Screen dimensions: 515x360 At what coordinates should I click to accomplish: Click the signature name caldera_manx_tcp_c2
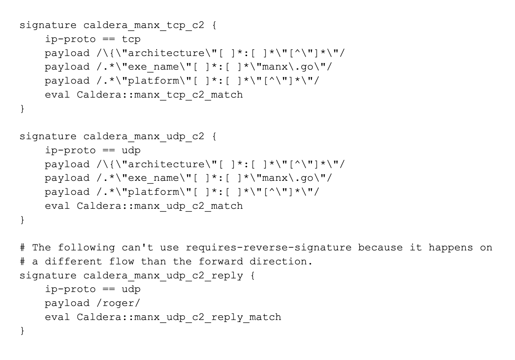(x=144, y=25)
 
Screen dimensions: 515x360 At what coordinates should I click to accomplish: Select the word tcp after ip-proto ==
(x=131, y=39)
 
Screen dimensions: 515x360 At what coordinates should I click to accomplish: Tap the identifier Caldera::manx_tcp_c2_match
(x=160, y=95)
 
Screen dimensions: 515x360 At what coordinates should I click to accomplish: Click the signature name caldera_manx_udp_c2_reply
(x=163, y=276)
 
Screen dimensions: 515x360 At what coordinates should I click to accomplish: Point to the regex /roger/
(x=118, y=304)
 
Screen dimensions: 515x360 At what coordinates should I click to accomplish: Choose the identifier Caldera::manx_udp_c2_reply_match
(x=179, y=318)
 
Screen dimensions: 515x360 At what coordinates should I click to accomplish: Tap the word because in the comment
(x=380, y=248)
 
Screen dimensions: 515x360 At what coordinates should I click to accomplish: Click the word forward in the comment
(x=221, y=262)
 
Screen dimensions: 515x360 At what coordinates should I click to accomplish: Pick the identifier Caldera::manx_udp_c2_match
(x=160, y=206)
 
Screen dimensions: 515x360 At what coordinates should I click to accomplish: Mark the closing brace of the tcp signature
(x=22, y=109)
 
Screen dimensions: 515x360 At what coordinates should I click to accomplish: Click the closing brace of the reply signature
(x=22, y=331)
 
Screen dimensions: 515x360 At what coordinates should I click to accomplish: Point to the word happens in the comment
(x=451, y=248)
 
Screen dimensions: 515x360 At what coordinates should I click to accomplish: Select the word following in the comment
(x=86, y=248)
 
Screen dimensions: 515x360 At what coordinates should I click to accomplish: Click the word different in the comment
(x=73, y=262)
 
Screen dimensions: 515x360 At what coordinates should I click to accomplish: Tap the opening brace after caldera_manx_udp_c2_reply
(x=252, y=276)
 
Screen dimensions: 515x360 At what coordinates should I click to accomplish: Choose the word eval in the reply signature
(x=57, y=318)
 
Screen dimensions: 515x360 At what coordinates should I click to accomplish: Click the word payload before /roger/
(x=67, y=304)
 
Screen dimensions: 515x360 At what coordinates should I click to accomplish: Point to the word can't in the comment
(x=138, y=248)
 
